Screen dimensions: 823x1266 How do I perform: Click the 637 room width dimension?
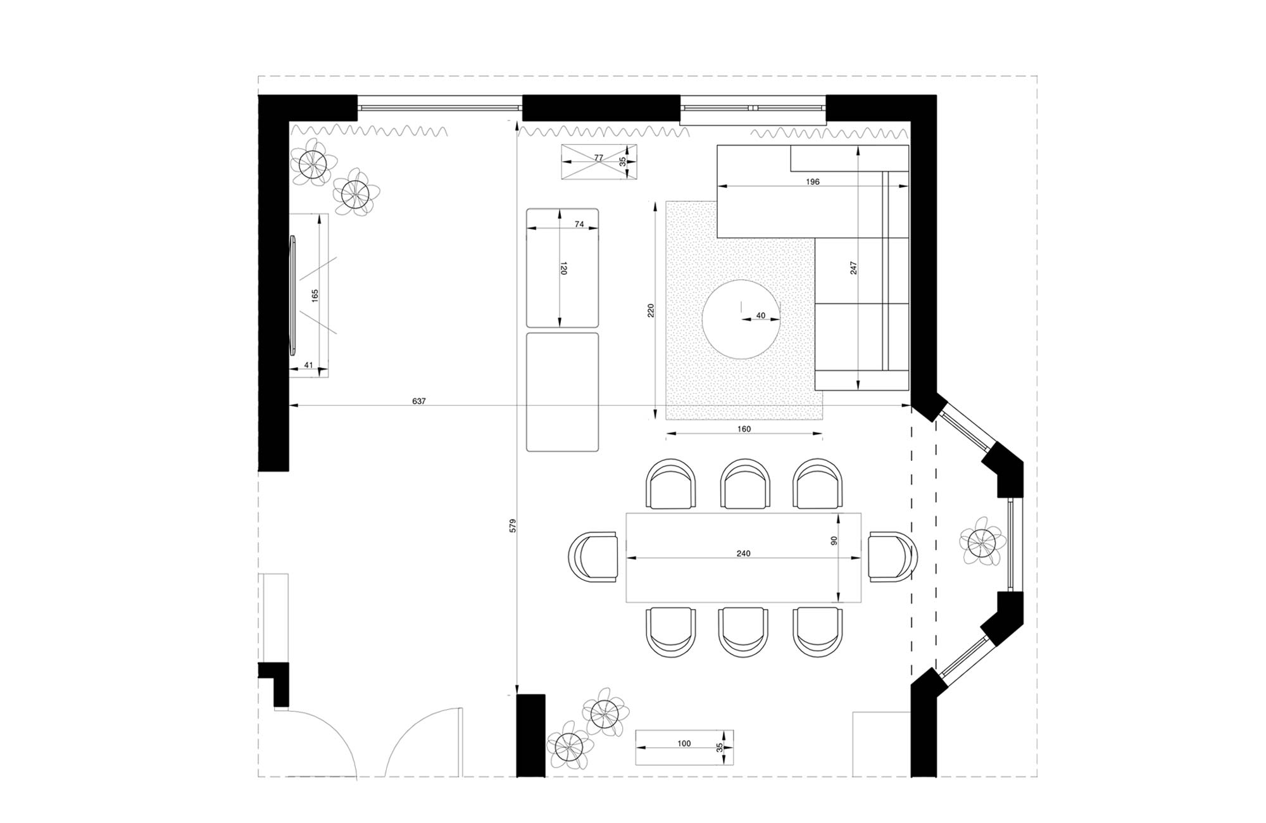click(x=419, y=401)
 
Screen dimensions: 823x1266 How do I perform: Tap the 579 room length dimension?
click(x=513, y=525)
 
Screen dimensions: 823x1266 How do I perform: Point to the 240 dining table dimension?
click(x=743, y=554)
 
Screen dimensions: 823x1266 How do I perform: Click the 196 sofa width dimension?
click(x=813, y=182)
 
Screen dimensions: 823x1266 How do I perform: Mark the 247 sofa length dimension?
click(x=853, y=268)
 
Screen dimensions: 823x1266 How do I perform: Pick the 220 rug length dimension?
click(x=651, y=310)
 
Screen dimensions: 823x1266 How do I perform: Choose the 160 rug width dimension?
click(x=744, y=429)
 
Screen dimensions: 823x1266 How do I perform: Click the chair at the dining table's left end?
click(x=594, y=556)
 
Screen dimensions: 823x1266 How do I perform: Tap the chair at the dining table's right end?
click(x=893, y=556)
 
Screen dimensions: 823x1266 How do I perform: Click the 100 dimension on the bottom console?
click(x=684, y=744)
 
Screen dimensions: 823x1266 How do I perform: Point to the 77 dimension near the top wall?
click(x=599, y=158)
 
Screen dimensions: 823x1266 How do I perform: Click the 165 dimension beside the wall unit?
click(x=315, y=296)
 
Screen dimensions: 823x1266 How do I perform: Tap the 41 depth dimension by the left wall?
click(x=309, y=365)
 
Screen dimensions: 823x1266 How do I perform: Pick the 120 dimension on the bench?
click(x=563, y=268)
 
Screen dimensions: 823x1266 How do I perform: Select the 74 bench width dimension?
click(x=579, y=224)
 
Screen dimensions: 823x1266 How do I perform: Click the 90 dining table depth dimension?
click(x=834, y=541)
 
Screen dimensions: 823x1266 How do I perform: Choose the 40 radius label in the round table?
click(x=761, y=315)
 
